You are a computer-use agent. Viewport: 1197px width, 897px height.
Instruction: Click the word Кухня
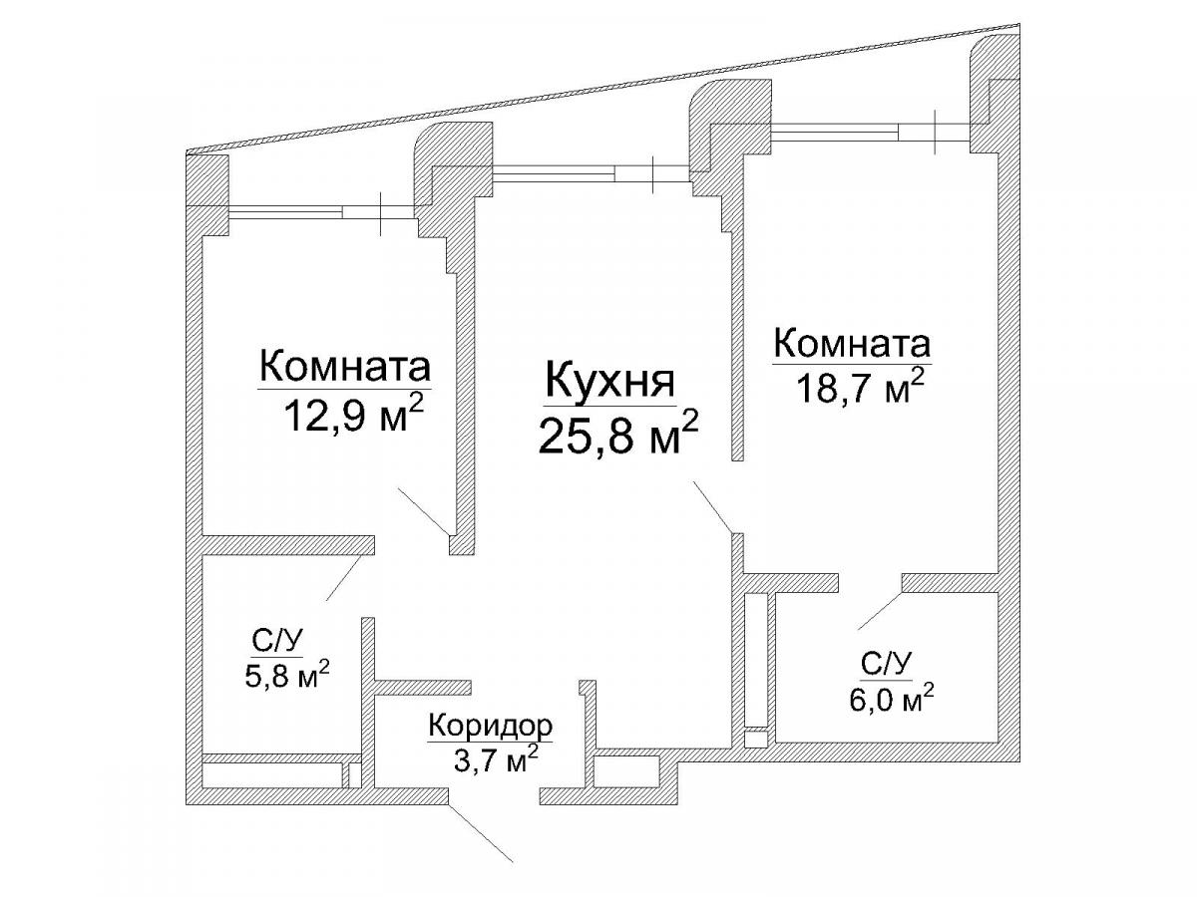point(609,381)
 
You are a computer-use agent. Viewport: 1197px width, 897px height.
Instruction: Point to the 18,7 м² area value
point(860,386)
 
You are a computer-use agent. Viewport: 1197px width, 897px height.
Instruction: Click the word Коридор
point(490,726)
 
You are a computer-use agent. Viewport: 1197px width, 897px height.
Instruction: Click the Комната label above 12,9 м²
point(345,367)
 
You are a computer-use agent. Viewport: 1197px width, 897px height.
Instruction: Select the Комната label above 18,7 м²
point(852,344)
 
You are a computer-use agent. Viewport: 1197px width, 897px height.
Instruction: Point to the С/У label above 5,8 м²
point(277,642)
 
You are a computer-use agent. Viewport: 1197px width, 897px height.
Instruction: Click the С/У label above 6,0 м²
point(886,665)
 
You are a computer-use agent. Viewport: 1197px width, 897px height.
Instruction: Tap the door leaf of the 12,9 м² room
point(424,511)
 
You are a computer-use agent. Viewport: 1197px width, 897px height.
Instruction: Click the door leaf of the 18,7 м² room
point(712,507)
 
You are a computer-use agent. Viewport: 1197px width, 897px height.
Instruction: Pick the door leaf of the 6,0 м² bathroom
point(880,611)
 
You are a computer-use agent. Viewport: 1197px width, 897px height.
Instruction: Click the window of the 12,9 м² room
point(323,212)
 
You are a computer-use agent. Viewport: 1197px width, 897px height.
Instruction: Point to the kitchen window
point(592,173)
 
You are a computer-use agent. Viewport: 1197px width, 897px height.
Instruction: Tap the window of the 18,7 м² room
point(871,132)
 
